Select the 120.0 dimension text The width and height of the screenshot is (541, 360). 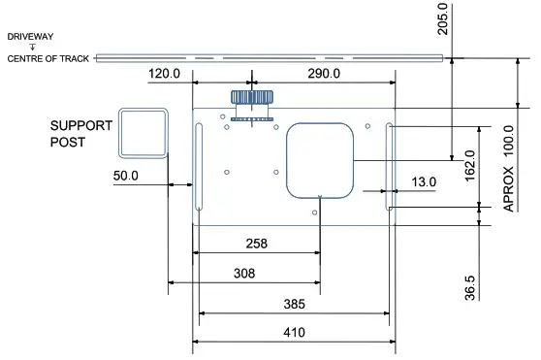click(166, 75)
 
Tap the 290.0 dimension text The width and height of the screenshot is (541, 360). click(323, 75)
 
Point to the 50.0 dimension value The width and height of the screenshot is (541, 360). click(127, 177)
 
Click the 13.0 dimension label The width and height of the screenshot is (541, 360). click(424, 181)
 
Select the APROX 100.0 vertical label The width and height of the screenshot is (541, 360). click(508, 167)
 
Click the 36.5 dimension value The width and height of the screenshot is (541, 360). click(470, 288)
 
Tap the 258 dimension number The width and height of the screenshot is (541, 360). click(256, 244)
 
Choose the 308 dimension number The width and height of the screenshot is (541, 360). click(244, 274)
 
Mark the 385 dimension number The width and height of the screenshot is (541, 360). click(294, 304)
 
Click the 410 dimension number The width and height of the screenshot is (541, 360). click(294, 333)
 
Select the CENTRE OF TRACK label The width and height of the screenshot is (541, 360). click(48, 59)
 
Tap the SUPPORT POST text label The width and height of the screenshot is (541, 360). click(81, 134)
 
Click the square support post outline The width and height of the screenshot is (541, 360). click(143, 132)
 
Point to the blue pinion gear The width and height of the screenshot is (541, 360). click(251, 99)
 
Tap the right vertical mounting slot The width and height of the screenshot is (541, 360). click(389, 166)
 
